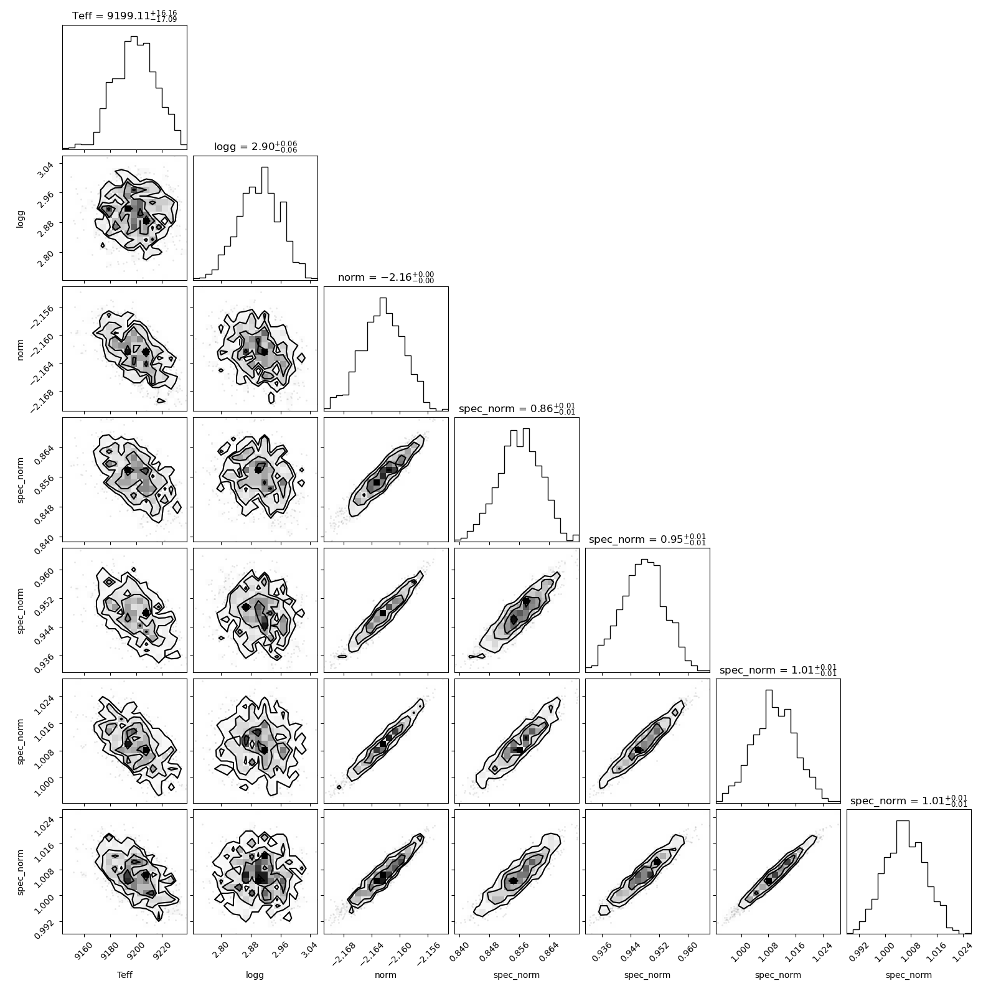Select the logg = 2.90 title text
coord(255,146)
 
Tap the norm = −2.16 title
coord(386,277)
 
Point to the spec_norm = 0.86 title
coord(517,408)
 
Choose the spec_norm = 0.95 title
coord(647,539)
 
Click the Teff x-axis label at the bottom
coord(125,975)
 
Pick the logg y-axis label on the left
coord(21,218)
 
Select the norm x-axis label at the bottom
coord(386,975)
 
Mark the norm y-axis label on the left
coord(21,349)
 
